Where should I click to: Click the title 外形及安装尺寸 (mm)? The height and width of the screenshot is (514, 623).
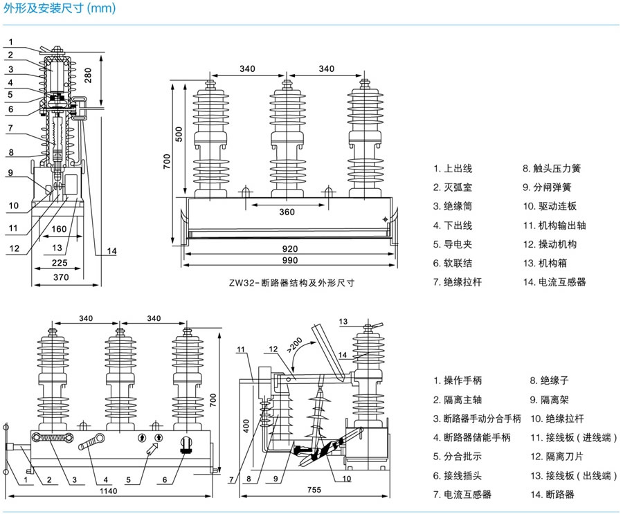pyautogui.click(x=60, y=9)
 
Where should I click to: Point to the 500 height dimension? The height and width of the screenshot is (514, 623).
pyautogui.click(x=179, y=135)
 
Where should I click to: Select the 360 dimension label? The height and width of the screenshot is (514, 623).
pyautogui.click(x=287, y=212)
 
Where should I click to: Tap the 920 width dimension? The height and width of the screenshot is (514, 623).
pyautogui.click(x=289, y=247)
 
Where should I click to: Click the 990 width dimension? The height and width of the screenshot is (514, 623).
pyautogui.click(x=289, y=260)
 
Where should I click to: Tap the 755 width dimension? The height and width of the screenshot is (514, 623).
pyautogui.click(x=314, y=490)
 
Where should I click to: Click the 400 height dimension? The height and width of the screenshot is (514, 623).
pyautogui.click(x=245, y=425)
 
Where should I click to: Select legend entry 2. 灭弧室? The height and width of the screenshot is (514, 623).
pyautogui.click(x=454, y=187)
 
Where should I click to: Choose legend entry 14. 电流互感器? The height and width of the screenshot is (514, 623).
pyautogui.click(x=554, y=282)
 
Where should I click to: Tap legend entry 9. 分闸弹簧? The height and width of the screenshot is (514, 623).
pyautogui.click(x=548, y=187)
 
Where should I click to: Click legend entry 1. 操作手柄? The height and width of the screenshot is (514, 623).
pyautogui.click(x=458, y=380)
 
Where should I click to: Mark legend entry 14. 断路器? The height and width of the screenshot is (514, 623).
pyautogui.click(x=552, y=495)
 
